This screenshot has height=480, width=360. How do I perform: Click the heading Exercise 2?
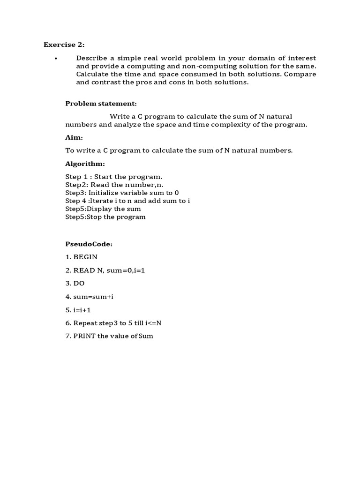(x=64, y=45)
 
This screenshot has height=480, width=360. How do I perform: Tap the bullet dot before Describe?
(x=56, y=58)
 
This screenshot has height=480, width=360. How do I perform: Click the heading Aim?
(x=74, y=138)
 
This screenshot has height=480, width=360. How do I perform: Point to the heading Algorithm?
(x=85, y=164)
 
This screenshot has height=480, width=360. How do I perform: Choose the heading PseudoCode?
(x=89, y=244)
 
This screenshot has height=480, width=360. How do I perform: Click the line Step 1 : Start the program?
(x=114, y=177)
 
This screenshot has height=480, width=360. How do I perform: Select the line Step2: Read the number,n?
(x=114, y=185)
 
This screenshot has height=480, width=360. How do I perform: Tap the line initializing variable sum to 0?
(x=122, y=193)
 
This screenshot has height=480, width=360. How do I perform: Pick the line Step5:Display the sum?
(x=103, y=209)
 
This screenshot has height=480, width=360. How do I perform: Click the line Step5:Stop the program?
(x=105, y=217)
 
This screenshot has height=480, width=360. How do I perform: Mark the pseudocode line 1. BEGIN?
(x=82, y=257)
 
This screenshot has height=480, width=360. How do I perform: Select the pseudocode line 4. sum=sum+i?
(x=90, y=296)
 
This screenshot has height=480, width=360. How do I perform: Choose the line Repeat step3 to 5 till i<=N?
(x=113, y=322)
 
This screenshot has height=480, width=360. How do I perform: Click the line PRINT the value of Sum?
(x=109, y=336)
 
